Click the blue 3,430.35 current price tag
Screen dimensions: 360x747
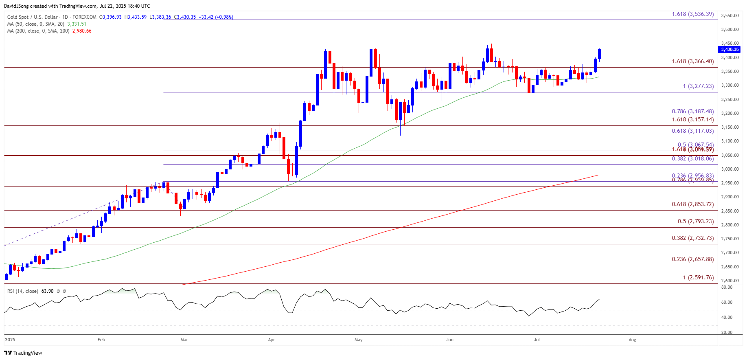729,49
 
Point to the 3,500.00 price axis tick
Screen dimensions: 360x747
729,29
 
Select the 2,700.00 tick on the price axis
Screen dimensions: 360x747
729,252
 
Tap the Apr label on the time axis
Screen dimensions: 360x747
272,340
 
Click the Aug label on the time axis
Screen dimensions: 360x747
632,340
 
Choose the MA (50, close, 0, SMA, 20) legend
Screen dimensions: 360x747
36,24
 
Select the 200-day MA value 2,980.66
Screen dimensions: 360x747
82,31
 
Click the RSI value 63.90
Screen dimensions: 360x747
47,291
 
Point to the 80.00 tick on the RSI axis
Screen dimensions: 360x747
727,287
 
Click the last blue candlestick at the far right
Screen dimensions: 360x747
599,54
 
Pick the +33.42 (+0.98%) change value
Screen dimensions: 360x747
216,17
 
